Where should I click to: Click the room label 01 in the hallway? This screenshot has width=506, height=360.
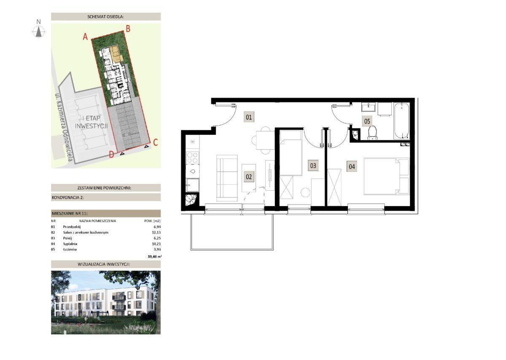click(248, 117)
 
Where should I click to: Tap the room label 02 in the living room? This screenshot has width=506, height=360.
click(248, 177)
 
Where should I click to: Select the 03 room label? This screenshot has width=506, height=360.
click(313, 166)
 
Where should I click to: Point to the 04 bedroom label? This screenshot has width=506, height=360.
click(352, 167)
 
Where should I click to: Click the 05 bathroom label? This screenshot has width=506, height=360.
click(367, 121)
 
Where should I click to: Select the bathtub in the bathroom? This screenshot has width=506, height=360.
click(401, 121)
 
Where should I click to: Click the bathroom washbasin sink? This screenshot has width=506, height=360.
click(369, 107)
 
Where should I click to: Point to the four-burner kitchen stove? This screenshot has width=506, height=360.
click(192, 158)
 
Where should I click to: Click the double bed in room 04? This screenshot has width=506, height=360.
click(387, 176)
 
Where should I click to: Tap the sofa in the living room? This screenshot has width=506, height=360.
click(227, 178)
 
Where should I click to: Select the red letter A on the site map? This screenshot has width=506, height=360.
click(85, 37)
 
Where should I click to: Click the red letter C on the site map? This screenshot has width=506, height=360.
click(156, 142)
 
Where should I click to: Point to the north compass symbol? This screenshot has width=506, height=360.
click(39, 30)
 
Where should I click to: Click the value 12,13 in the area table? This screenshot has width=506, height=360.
click(156, 232)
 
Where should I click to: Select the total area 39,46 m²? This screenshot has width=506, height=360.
click(155, 257)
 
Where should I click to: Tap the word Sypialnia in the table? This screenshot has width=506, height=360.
click(70, 244)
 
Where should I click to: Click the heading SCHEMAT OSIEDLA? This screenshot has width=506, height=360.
click(106, 16)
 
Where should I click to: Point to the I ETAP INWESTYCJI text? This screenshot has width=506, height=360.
click(91, 122)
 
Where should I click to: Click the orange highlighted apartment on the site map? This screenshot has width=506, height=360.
click(117, 54)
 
